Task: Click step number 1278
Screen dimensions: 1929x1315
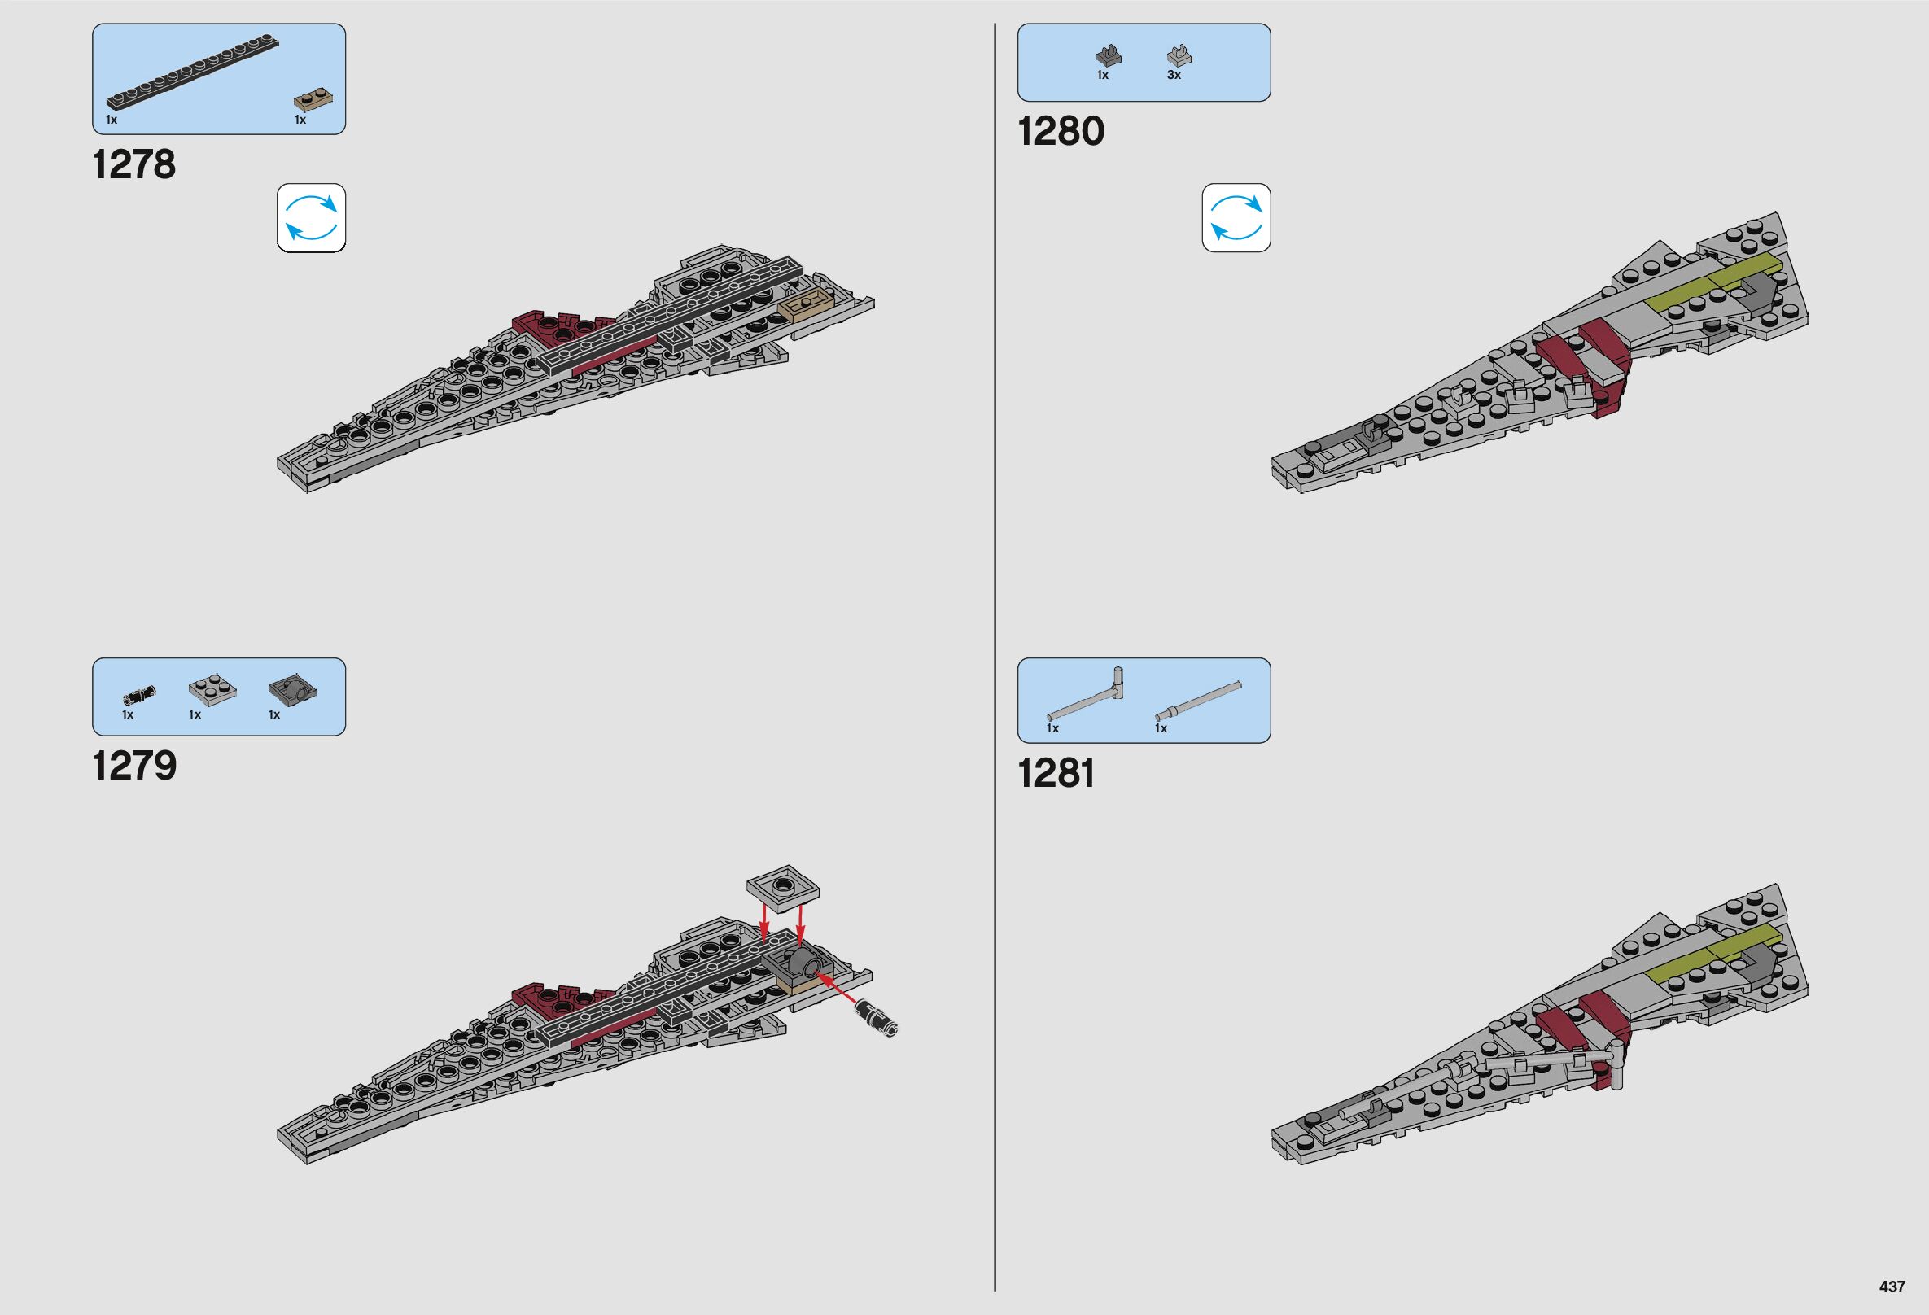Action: click(134, 164)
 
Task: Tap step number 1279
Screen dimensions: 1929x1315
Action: click(134, 765)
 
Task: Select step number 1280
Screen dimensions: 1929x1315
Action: click(1061, 131)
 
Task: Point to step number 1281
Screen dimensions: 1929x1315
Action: click(1056, 773)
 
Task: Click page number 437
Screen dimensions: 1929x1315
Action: click(1892, 1287)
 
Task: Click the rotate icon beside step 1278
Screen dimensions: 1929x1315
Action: click(311, 218)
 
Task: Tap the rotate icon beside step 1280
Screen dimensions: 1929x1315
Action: click(1236, 218)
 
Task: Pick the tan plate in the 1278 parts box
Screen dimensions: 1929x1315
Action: click(315, 101)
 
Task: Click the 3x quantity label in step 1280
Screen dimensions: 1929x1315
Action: click(1174, 76)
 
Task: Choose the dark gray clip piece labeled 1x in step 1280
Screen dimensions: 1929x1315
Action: click(1106, 56)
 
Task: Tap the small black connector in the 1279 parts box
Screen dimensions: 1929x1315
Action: click(139, 692)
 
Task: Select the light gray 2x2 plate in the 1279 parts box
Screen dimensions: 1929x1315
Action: click(212, 689)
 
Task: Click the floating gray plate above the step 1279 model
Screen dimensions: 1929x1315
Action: click(783, 889)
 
